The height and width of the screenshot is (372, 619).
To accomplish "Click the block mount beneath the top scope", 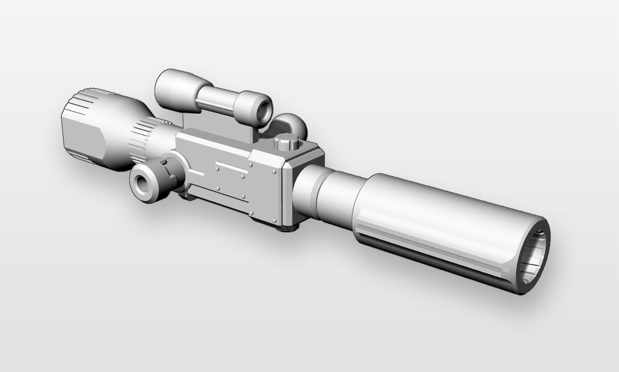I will [x=208, y=123].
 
